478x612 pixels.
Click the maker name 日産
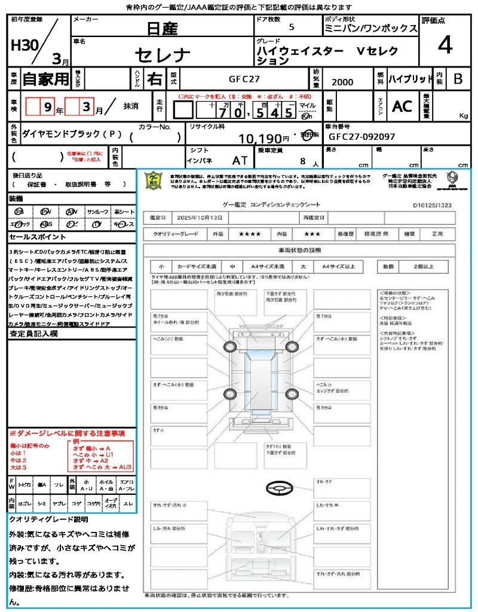(161, 27)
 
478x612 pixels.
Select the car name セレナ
(162, 56)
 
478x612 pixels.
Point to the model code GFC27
(244, 79)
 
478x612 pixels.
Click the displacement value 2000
(342, 82)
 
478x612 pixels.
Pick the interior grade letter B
(457, 79)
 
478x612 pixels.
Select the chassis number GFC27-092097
(362, 137)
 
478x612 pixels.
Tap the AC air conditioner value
(402, 106)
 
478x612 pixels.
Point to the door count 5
(291, 27)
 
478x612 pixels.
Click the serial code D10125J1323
(436, 204)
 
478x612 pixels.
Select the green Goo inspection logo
(154, 180)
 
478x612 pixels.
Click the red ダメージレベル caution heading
(67, 433)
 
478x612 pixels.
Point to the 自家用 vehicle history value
(45, 79)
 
